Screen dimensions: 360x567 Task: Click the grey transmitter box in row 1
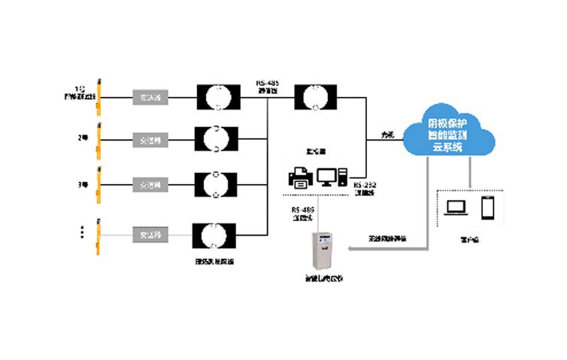pyautogui.click(x=152, y=96)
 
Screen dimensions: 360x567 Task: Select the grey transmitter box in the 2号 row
pyautogui.click(x=152, y=140)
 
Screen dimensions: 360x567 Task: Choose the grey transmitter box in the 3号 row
pyautogui.click(x=152, y=183)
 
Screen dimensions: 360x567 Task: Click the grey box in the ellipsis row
pyautogui.click(x=152, y=234)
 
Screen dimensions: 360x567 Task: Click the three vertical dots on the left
pyautogui.click(x=82, y=233)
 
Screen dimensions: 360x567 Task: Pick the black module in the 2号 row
pyautogui.click(x=217, y=139)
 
